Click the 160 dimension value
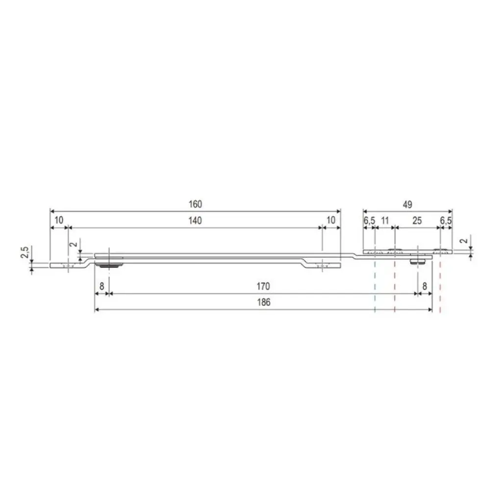pos(195,204)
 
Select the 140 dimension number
pos(195,221)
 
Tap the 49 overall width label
pos(407,204)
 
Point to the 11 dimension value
pos(385,221)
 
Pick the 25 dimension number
pos(417,221)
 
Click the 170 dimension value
pos(264,286)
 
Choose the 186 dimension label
pos(264,302)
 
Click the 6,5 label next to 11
pos(369,221)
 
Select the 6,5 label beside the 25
pos(446,221)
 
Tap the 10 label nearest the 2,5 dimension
pos(59,221)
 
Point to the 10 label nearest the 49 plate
pos(331,221)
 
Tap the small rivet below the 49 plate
pos(418,262)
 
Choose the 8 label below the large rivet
pos(101,286)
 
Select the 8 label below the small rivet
pos(425,286)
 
